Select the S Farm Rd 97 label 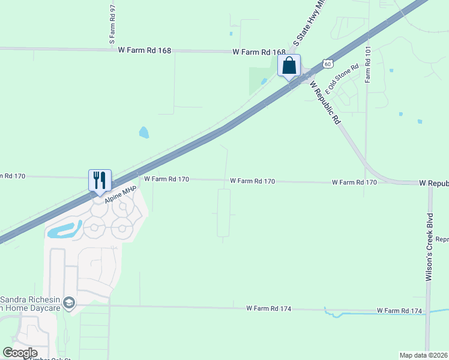coord(112,25)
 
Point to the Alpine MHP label coord(121,195)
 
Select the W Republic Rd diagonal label coord(325,101)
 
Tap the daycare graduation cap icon coord(70,304)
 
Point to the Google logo coord(20,353)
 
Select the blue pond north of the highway coord(144,132)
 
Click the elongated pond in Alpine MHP coord(63,230)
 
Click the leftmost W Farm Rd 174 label coord(268,308)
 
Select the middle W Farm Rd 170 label coord(252,181)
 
